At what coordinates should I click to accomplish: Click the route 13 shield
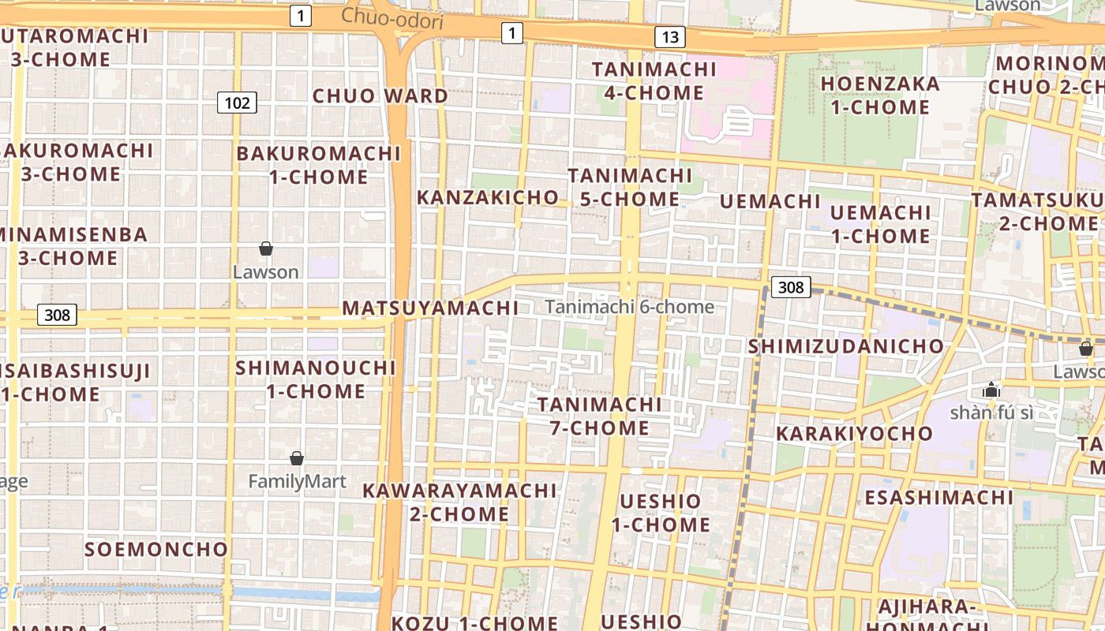669,37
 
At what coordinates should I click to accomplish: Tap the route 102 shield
237,103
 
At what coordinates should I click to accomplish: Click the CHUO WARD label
380,96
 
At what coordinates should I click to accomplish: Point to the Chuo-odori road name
391,18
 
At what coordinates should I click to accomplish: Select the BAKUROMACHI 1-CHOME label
319,165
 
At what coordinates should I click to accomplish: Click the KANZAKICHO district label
487,197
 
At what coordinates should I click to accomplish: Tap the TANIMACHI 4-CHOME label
654,81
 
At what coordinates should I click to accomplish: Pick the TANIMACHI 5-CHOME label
630,187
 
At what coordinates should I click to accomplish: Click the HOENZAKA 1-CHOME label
880,95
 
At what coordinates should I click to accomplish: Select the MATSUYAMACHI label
430,308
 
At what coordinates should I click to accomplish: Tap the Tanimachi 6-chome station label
630,307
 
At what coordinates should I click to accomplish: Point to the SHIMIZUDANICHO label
846,346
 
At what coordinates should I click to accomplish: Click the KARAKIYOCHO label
854,433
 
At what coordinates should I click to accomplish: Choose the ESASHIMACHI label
938,498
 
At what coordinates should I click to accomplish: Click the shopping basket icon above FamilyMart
297,458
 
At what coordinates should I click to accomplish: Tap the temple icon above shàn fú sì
991,390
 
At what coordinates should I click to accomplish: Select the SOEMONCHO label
156,549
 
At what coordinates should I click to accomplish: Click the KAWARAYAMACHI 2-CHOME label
459,502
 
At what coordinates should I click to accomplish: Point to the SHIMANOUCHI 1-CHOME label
316,379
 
